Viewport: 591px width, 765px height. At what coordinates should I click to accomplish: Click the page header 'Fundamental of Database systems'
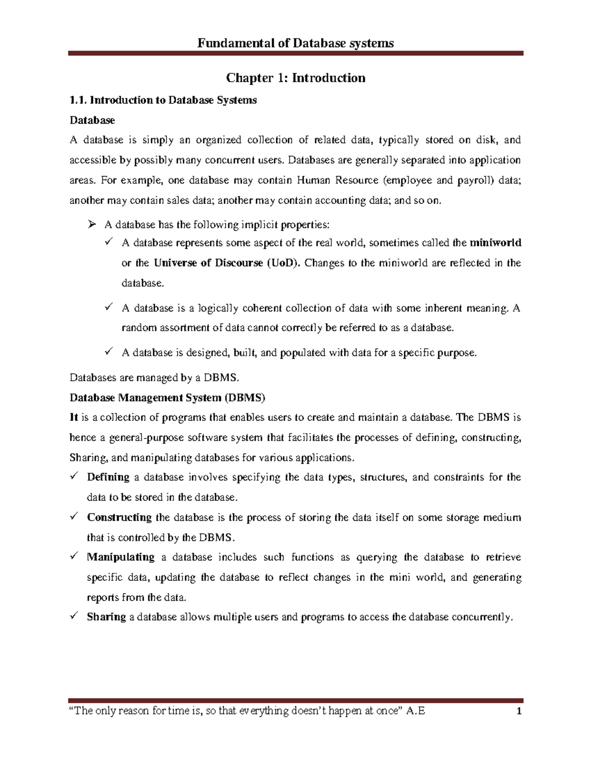[295, 43]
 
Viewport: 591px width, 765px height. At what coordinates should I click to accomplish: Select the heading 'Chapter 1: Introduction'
[295, 78]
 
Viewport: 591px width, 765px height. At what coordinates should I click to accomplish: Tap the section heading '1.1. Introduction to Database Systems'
[163, 100]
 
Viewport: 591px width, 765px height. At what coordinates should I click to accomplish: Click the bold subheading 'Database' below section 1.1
[92, 120]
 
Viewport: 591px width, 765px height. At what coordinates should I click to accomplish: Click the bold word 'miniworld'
[495, 243]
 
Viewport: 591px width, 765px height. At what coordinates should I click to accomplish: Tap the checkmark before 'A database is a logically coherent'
[108, 307]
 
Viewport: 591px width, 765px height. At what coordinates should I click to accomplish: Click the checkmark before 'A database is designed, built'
[108, 352]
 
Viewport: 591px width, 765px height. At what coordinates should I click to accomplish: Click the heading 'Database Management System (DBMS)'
[167, 398]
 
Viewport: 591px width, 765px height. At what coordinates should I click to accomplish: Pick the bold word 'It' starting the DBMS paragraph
[74, 418]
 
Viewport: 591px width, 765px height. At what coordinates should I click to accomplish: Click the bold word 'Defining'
[108, 477]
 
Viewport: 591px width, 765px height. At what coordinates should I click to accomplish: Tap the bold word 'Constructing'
[119, 517]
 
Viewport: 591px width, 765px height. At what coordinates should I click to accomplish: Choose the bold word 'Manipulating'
[121, 557]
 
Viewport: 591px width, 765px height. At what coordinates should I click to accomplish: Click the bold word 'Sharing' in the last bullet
[106, 617]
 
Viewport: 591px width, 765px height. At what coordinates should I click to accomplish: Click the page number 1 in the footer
[518, 711]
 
